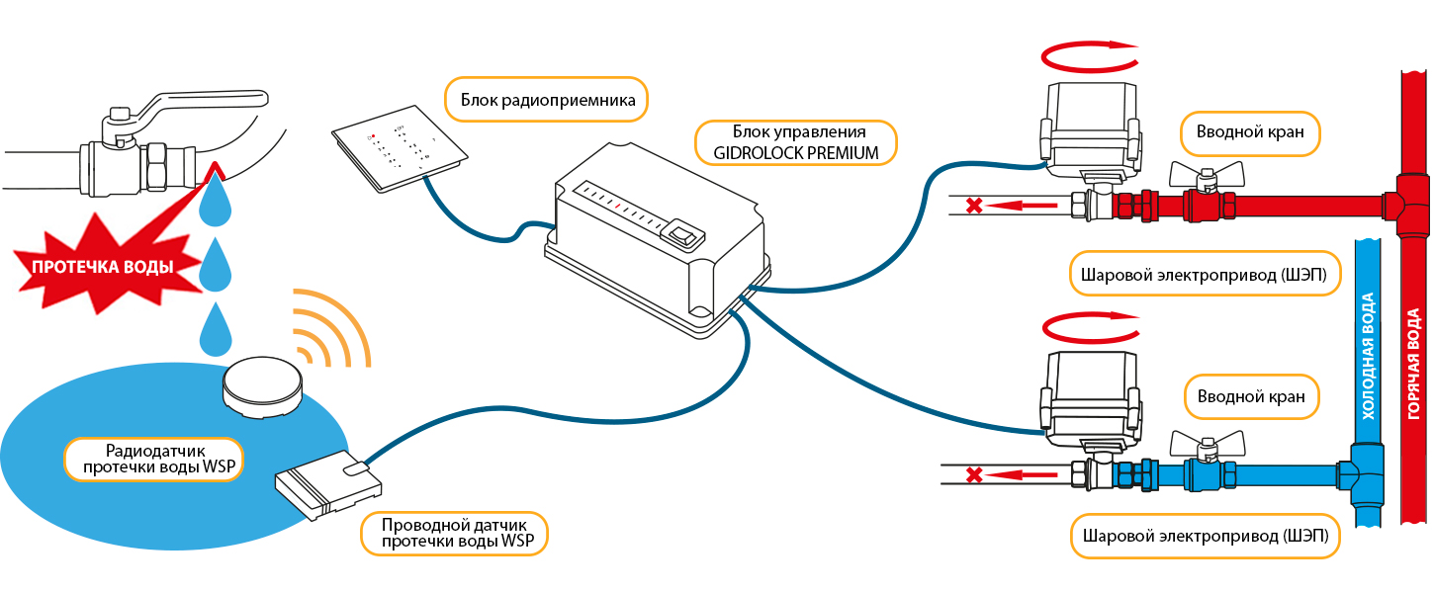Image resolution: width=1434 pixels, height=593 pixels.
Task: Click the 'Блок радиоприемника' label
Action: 540,99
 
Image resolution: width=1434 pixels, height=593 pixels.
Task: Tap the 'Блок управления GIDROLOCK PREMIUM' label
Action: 798,142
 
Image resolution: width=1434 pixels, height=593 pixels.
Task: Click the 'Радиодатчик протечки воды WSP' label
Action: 154,458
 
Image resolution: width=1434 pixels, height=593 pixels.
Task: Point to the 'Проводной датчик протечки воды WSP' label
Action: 454,534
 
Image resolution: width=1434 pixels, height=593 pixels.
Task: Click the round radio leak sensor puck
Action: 262,384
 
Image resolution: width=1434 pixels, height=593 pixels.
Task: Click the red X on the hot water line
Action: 974,207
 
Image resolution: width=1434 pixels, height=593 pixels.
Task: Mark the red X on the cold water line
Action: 974,475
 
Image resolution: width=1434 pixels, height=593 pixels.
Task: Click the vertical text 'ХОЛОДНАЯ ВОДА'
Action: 1369,356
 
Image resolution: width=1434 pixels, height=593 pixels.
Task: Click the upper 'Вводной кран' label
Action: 1250,131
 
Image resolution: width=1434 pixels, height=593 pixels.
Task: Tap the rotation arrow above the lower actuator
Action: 1086,325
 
